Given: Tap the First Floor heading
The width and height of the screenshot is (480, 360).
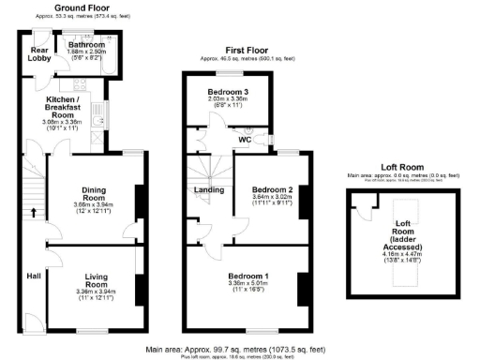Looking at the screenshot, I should click(248, 51).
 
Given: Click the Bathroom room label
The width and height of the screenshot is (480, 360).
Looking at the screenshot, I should click(85, 44).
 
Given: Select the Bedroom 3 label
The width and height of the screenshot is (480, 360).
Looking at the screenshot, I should click(228, 91).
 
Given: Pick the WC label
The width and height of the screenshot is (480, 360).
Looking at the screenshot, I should click(245, 140).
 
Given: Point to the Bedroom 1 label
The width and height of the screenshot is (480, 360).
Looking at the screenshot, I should click(247, 277).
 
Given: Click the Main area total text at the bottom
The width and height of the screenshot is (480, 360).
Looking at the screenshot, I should click(236, 349).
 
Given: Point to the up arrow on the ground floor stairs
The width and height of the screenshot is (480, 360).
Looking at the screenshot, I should click(34, 212).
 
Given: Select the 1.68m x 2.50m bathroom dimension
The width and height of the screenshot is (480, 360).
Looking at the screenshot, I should click(85, 51).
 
